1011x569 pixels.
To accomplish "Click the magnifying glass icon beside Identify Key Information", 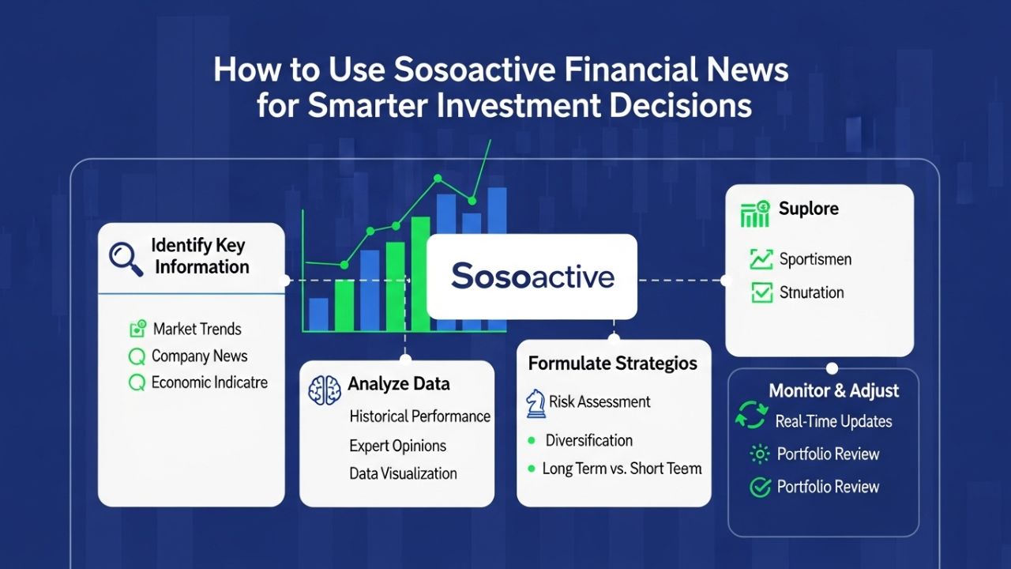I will pyautogui.click(x=126, y=258).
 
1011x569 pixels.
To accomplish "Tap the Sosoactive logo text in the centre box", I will pyautogui.click(x=532, y=277).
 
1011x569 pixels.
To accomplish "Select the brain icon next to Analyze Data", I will pyautogui.click(x=325, y=390).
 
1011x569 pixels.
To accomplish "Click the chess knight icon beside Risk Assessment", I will pyautogui.click(x=536, y=402).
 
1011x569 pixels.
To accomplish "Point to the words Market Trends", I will pyautogui.click(x=197, y=329).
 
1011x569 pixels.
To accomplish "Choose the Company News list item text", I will pyautogui.click(x=199, y=356).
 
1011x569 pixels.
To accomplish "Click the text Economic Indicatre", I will pyautogui.click(x=209, y=382).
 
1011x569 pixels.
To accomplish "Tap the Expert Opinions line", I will pyautogui.click(x=397, y=446).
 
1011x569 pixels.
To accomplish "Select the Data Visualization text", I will pyautogui.click(x=403, y=473).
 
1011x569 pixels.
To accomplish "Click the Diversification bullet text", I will pyautogui.click(x=589, y=440).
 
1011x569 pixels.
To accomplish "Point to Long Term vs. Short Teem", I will pyautogui.click(x=622, y=468).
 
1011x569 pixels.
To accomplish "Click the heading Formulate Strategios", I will pyautogui.click(x=612, y=364).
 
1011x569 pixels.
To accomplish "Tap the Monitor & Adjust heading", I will pyautogui.click(x=833, y=390).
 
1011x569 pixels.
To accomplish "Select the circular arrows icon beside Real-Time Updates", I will pyautogui.click(x=751, y=416).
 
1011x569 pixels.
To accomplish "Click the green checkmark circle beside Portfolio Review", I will pyautogui.click(x=760, y=487).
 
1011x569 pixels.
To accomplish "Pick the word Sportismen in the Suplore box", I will pyautogui.click(x=815, y=259).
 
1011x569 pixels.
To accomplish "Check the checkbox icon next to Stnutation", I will pyautogui.click(x=761, y=292).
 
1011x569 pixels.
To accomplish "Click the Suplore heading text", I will pyautogui.click(x=808, y=209).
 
